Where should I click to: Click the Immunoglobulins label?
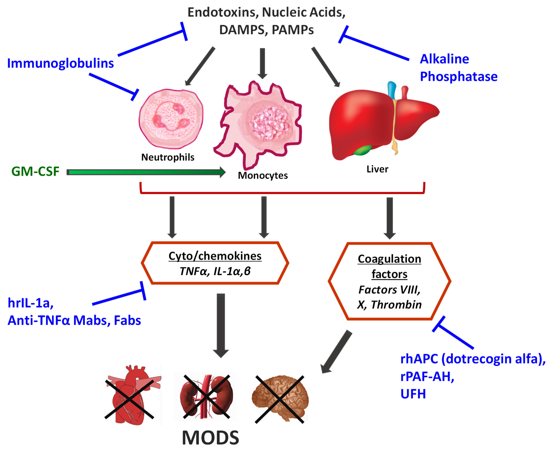pos(60,63)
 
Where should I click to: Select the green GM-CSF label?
pos(35,171)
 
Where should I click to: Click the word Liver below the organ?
pos(377,169)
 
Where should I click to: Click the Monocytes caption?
pos(263,175)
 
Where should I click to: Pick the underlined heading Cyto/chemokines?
pos(215,256)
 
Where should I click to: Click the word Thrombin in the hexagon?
pos(396,305)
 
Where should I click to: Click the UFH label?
pos(413,394)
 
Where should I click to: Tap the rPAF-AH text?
pos(427,376)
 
